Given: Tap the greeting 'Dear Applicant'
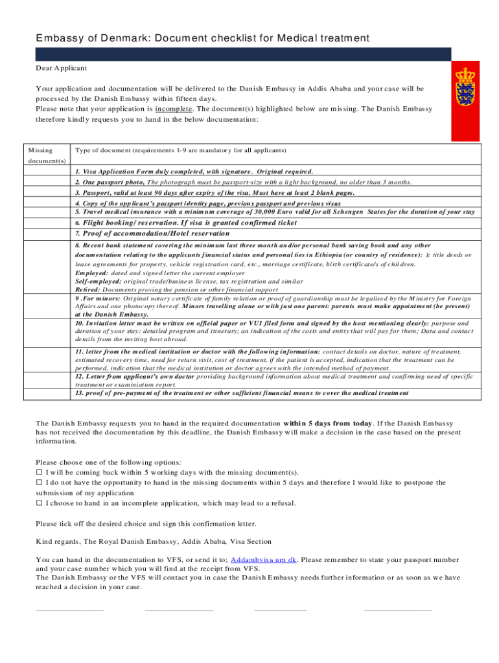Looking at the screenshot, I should pos(62,68).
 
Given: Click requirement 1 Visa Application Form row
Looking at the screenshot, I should pos(194,172).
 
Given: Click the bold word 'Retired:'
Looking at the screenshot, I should pos(87,290).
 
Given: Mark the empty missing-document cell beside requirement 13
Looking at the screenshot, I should pos(45,393).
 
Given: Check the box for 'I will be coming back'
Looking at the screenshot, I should pos(39,473).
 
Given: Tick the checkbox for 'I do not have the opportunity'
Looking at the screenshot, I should pos(39,482).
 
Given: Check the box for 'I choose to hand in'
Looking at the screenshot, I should pos(39,502).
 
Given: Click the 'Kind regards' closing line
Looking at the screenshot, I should pos(154,541).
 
